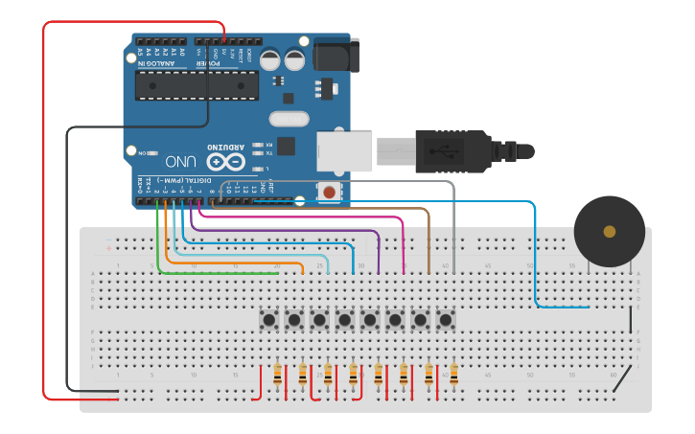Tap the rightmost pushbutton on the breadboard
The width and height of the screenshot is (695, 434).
[x=445, y=318]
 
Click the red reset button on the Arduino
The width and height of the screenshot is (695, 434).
[x=330, y=193]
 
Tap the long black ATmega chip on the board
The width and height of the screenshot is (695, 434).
[x=197, y=86]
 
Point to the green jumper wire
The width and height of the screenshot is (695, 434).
[x=220, y=273]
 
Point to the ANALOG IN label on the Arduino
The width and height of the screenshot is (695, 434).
[x=162, y=64]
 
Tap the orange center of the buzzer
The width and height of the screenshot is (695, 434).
[x=609, y=231]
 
